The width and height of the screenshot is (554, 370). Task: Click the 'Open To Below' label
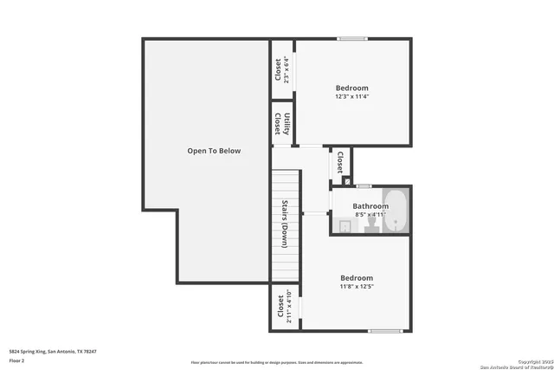coord(214,151)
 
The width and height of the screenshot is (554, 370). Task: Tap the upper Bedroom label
coord(351,88)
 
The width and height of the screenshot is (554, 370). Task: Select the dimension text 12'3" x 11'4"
coord(351,97)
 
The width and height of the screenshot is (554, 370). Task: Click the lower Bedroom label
coord(356,278)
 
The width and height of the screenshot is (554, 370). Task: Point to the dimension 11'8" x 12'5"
coord(356,287)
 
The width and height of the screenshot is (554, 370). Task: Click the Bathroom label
coord(370,206)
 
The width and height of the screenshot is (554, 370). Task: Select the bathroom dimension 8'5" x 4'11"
coord(370,215)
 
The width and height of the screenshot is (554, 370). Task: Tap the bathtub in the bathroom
coord(396,211)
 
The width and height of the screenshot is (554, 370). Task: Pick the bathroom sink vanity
coord(344,226)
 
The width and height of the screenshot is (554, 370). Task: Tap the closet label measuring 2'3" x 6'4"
coord(278,69)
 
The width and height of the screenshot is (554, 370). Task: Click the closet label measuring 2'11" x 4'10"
coord(280,308)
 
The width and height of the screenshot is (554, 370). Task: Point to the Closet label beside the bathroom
coord(340,162)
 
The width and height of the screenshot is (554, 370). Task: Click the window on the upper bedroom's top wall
coord(351,38)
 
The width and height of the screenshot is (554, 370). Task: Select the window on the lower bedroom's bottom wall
coord(385,331)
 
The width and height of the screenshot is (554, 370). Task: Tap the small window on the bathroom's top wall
coord(364,186)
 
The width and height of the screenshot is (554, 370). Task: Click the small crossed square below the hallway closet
coord(348,182)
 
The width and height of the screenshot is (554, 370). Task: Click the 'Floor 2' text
coord(17,360)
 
